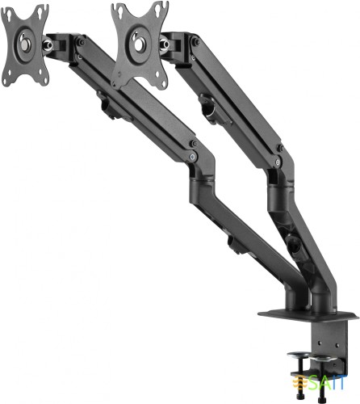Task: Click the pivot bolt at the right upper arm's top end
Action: (195, 43)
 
